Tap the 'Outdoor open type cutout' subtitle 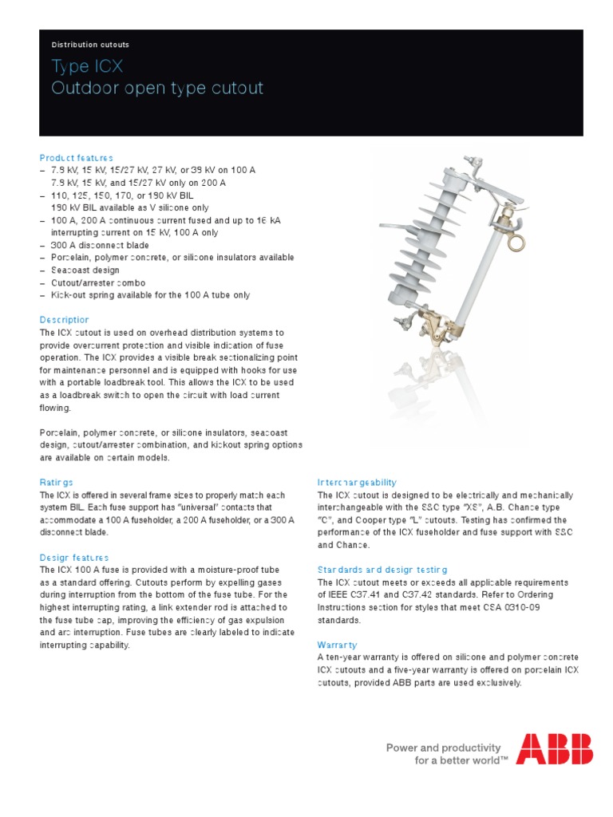pos(156,88)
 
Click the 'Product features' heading pos(76,158)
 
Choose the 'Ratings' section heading pos(56,482)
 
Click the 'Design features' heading pos(74,558)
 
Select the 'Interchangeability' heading pos(357,483)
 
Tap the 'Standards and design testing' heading pos(382,570)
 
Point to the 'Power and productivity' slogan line pos(444,748)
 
